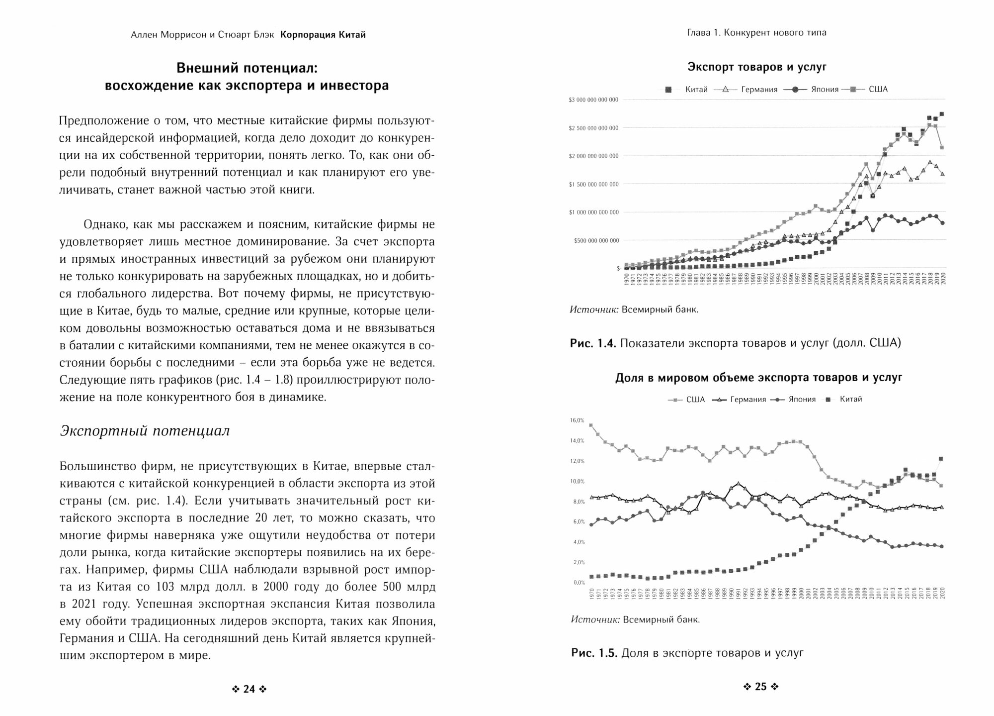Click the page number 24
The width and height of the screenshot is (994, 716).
tap(249, 689)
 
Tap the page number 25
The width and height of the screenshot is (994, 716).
tap(761, 687)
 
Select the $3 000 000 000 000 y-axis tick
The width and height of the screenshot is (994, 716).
tap(593, 100)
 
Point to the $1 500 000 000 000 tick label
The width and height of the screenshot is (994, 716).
tap(593, 185)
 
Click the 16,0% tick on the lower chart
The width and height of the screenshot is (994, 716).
tap(577, 420)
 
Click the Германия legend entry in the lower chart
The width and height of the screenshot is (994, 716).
tap(748, 400)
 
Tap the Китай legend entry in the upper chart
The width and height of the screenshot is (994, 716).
tap(696, 90)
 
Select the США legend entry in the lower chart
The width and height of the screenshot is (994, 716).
tap(695, 400)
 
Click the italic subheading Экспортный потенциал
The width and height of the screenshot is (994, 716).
tap(145, 431)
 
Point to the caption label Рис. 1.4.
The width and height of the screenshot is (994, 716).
tap(593, 343)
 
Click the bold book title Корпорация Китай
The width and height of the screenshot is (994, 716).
tap(323, 35)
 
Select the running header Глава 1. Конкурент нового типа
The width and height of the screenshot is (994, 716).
tap(757, 33)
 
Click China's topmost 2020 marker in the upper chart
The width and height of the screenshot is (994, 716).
tap(941, 114)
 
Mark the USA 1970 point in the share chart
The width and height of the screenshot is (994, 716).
tap(590, 425)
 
